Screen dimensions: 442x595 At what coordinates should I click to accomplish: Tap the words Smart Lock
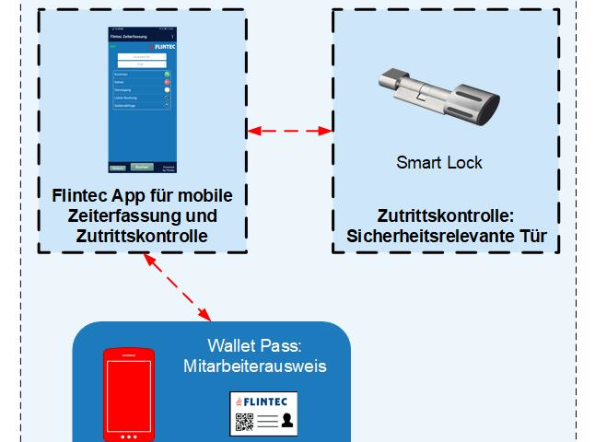(x=439, y=163)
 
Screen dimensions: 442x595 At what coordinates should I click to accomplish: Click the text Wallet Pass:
(x=254, y=346)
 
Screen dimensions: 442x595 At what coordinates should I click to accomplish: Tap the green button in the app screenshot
(x=168, y=73)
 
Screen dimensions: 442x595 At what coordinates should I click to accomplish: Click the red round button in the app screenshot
(x=168, y=81)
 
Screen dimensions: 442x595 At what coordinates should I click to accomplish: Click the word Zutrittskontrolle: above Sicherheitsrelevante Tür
(x=446, y=217)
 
